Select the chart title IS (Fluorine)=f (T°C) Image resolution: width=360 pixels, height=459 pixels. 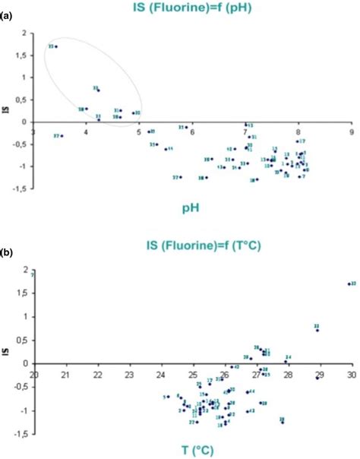coord(180,245)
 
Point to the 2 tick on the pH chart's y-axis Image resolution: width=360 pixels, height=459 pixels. coord(25,33)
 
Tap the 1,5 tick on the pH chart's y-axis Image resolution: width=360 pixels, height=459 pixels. coord(23,55)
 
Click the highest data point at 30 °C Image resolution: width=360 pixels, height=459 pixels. coord(348,284)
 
